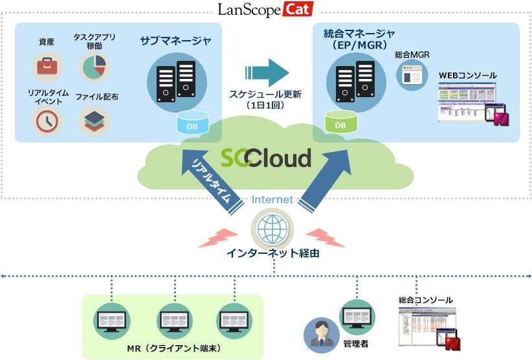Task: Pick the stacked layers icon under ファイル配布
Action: tap(95, 120)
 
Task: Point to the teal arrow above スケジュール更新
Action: tap(265, 71)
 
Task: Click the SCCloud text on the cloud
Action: tap(265, 157)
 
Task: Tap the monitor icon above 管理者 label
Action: tap(356, 315)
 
